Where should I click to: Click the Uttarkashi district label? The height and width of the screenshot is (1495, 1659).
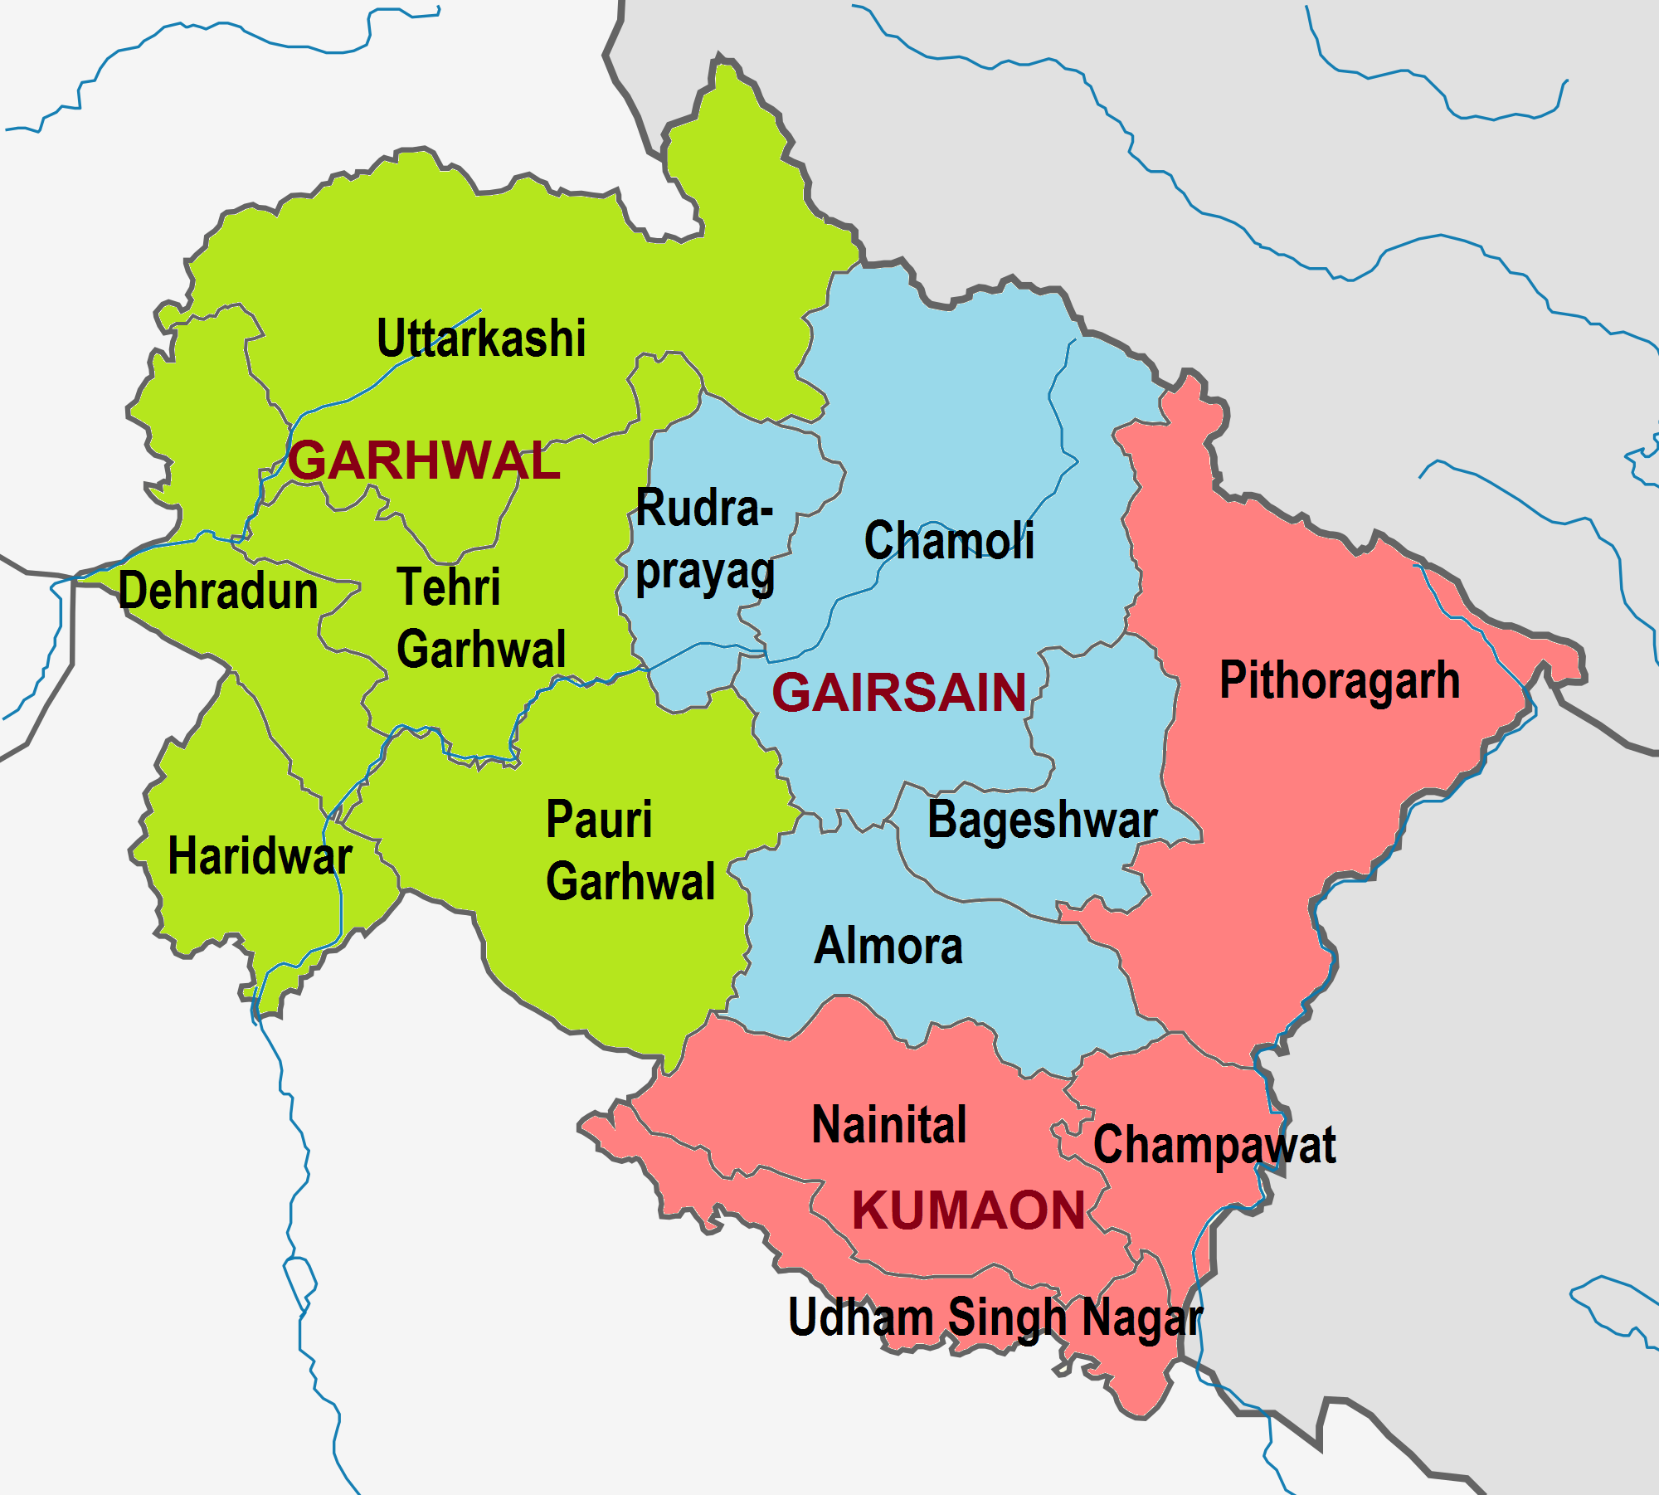click(x=481, y=338)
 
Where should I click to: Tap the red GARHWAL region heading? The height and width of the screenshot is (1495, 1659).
click(x=424, y=460)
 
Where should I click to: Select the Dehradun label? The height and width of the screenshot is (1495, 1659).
click(x=218, y=591)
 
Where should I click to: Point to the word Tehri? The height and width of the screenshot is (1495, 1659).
click(x=449, y=587)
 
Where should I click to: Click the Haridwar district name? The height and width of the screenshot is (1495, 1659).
click(x=260, y=856)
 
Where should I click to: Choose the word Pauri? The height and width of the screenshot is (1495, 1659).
click(x=599, y=820)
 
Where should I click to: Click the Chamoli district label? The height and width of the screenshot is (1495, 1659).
click(x=949, y=541)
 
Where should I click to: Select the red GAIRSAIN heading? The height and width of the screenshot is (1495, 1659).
click(x=899, y=693)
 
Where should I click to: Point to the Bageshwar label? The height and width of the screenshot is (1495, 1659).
click(x=1042, y=821)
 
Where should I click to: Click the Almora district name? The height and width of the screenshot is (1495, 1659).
click(x=888, y=946)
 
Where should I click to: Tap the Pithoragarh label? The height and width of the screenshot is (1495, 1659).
click(x=1339, y=680)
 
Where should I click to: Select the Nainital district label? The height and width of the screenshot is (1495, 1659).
click(x=889, y=1125)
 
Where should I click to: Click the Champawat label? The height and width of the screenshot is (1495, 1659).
click(x=1214, y=1146)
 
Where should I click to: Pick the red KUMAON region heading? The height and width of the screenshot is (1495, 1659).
click(x=969, y=1210)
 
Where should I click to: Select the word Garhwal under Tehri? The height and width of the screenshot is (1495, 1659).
click(x=481, y=649)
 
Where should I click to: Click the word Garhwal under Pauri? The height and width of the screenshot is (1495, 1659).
click(x=630, y=881)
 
